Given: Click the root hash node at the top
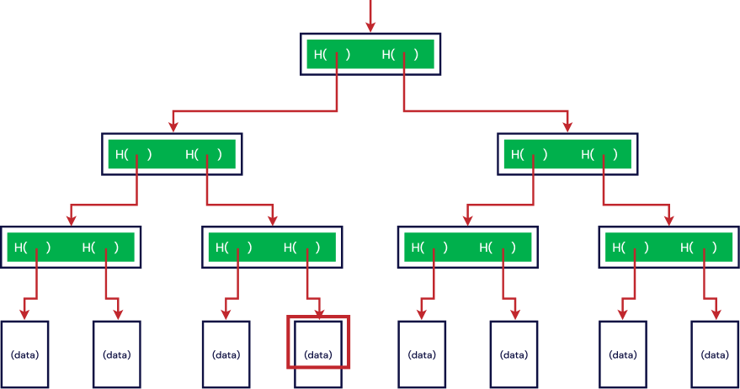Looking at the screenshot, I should pyautogui.click(x=370, y=55).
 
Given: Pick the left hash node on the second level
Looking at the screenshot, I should pyautogui.click(x=172, y=154).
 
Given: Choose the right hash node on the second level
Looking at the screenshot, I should pyautogui.click(x=567, y=155).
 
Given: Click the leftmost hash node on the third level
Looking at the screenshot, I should pyautogui.click(x=71, y=248).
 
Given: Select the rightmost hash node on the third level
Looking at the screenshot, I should pyautogui.click(x=668, y=248).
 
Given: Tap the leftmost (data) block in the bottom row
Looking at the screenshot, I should pyautogui.click(x=24, y=354).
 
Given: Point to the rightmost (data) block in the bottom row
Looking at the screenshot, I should pyautogui.click(x=715, y=354).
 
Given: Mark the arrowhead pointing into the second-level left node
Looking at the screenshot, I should pyautogui.click(x=173, y=126).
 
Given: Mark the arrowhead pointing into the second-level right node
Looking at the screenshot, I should pyautogui.click(x=567, y=126).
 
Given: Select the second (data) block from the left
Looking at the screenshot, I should pyautogui.click(x=117, y=354).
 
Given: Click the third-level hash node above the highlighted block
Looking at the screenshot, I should pyautogui.click(x=272, y=248).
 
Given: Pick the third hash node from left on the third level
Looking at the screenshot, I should pyautogui.click(x=466, y=248).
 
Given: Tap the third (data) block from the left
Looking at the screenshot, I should pyautogui.click(x=226, y=354).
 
